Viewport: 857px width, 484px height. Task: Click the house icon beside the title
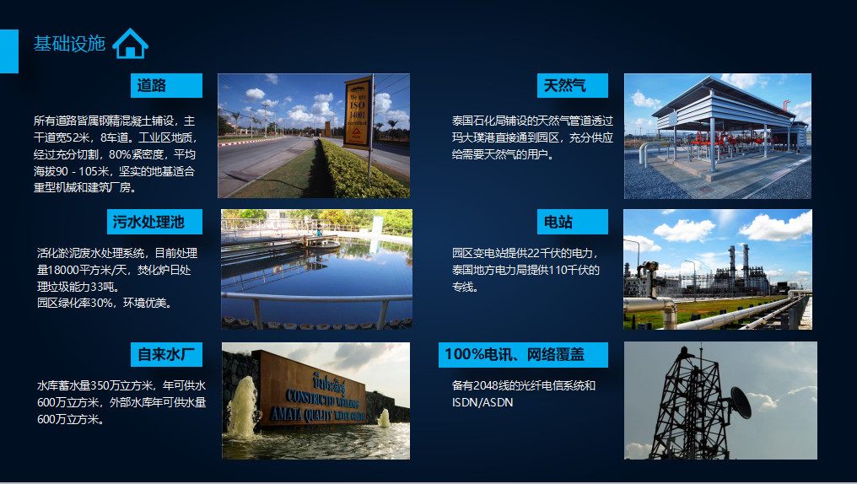[130, 43]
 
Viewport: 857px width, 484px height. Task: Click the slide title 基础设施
[69, 44]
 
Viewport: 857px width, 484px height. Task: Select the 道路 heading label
[166, 85]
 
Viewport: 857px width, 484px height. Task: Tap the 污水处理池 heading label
[154, 222]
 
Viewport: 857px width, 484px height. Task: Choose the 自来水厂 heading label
[166, 354]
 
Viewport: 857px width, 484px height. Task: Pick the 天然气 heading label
[572, 85]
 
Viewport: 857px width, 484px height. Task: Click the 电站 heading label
[572, 222]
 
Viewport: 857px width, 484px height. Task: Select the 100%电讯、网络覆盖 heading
[523, 354]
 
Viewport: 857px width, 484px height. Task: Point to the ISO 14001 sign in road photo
[358, 113]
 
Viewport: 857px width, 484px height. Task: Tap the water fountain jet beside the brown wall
[242, 407]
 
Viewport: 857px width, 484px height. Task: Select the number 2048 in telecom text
[486, 385]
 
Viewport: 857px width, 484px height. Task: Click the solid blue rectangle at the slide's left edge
[9, 51]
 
